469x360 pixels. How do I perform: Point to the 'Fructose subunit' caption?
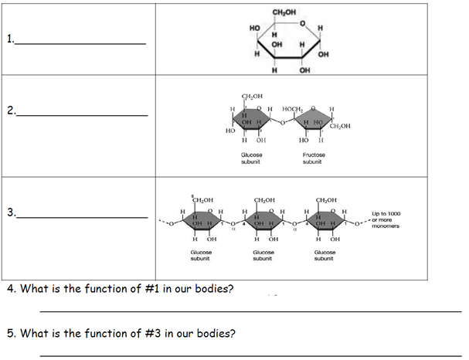(312, 158)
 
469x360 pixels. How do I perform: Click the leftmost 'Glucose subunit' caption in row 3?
(202, 256)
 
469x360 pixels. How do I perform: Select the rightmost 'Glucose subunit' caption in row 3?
(325, 256)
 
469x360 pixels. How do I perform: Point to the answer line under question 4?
(247, 311)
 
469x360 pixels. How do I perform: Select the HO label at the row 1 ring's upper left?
(255, 29)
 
